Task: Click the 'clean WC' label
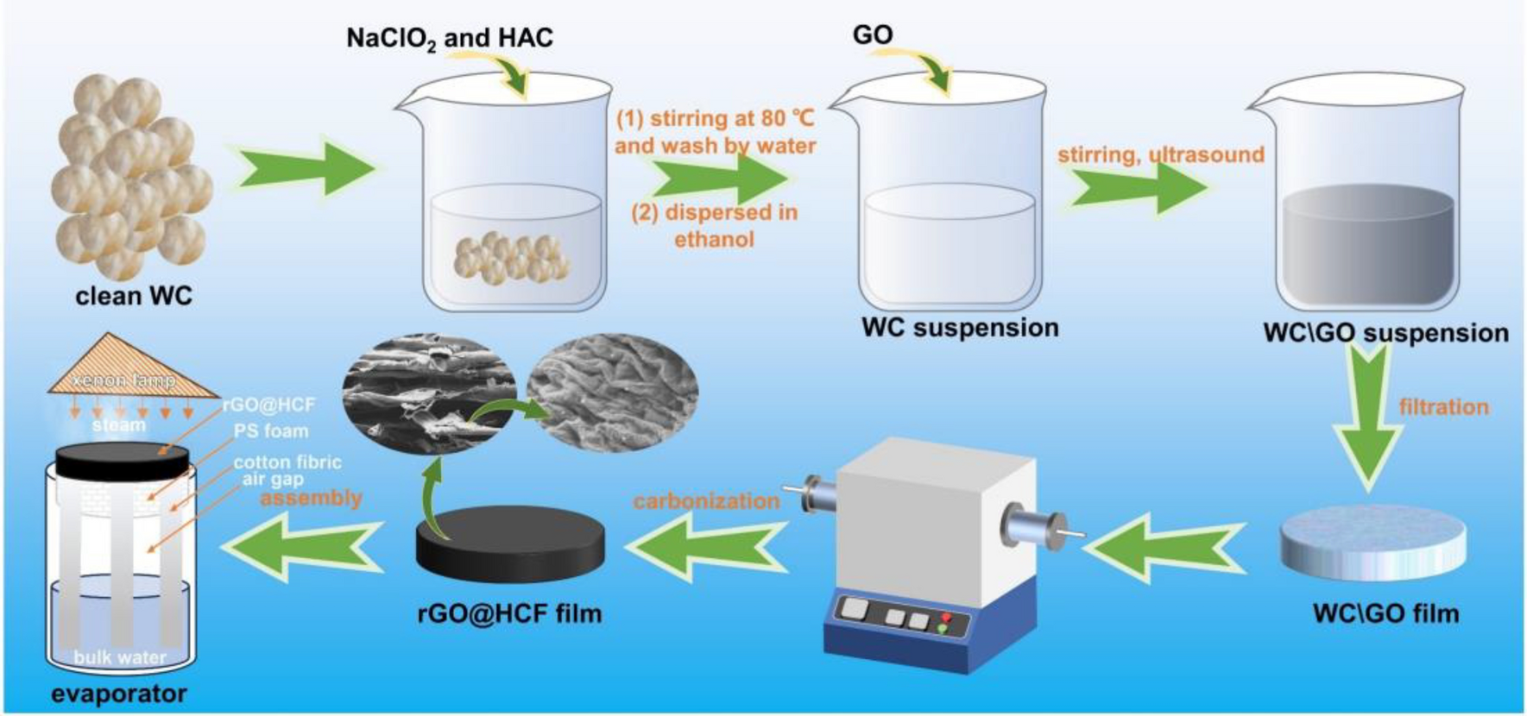[134, 297]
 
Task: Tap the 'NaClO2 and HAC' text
[449, 39]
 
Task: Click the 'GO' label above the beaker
[873, 35]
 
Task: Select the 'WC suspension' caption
[960, 329]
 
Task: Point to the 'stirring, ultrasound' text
[1160, 155]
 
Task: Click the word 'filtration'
[1443, 407]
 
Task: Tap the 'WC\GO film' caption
[1385, 614]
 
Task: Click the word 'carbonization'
[706, 501]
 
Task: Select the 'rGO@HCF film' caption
[508, 614]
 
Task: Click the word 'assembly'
[311, 498]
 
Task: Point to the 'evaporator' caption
[118, 694]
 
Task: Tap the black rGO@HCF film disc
[509, 539]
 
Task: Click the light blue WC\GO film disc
[1372, 539]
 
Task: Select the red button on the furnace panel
[946, 618]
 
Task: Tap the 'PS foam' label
[270, 430]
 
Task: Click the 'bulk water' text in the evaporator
[120, 658]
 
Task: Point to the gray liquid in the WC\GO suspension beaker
[1368, 246]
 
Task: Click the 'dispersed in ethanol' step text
[714, 226]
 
